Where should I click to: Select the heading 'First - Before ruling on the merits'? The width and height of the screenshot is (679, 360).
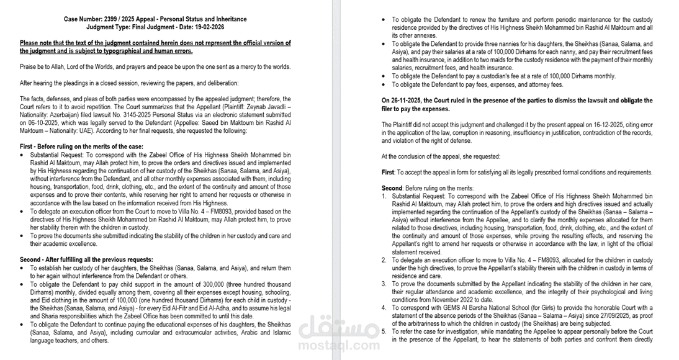tap(81, 146)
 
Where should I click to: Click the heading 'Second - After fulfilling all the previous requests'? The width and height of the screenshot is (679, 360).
tap(87, 259)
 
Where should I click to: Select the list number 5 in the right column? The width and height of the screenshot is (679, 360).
tap(384, 331)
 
